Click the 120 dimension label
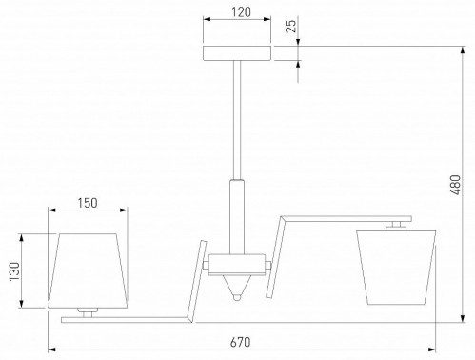[x=241, y=12]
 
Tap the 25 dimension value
[x=290, y=26]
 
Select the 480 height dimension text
[x=455, y=185]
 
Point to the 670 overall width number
[x=240, y=342]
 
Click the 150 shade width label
[x=88, y=203]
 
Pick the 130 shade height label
[x=14, y=271]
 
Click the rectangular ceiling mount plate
[x=237, y=53]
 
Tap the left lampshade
[x=88, y=270]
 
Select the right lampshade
[x=396, y=268]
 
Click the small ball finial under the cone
[x=237, y=297]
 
